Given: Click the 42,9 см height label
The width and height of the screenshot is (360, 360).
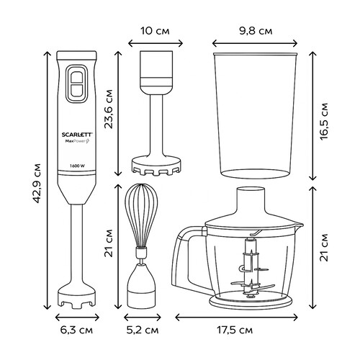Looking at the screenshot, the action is (37, 183).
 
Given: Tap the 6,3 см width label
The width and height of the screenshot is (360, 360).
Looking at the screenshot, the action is (76, 330).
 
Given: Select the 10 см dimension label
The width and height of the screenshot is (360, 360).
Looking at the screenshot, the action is (155, 31).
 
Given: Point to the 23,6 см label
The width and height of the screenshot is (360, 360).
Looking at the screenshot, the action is (109, 109).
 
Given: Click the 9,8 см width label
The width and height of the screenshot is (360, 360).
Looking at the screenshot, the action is (256, 31).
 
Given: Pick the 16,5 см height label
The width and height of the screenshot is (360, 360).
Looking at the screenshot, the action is (324, 121).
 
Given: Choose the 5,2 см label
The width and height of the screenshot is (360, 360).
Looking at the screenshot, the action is (143, 330).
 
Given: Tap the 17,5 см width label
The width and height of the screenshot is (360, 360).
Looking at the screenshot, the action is (235, 330).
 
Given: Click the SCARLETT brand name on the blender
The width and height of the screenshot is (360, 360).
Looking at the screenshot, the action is (76, 135).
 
